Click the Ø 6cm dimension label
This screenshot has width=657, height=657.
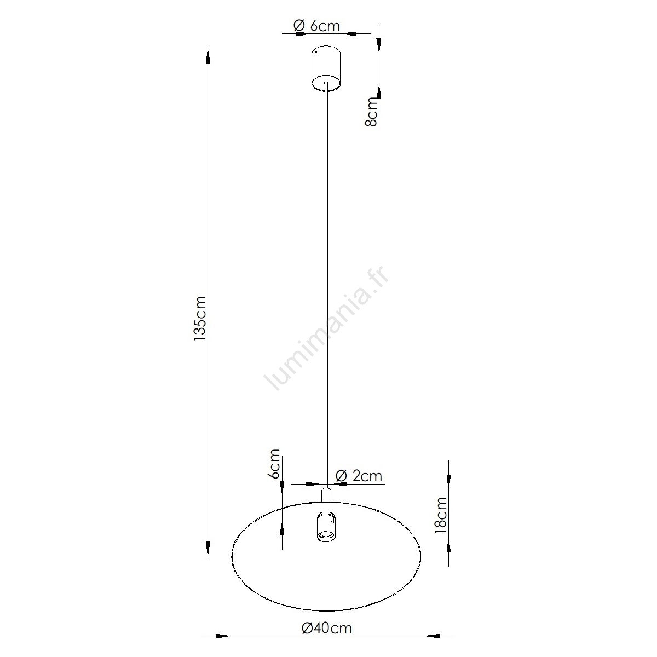tap(316, 26)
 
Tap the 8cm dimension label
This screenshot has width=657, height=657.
tap(372, 112)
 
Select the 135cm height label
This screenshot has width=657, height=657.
tap(200, 319)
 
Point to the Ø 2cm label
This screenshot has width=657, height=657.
tap(359, 476)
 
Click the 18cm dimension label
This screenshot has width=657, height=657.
tap(441, 515)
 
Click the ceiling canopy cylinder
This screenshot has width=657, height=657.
tap(326, 68)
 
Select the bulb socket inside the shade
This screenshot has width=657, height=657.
tap(326, 526)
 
